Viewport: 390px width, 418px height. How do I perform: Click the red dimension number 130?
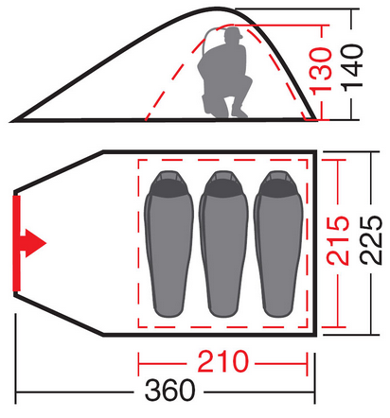321,70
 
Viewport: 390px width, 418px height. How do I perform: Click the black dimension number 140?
352,68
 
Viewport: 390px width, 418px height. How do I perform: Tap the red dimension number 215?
338,240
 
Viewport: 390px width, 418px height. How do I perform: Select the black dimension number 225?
371,240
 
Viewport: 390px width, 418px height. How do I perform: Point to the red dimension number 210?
223,361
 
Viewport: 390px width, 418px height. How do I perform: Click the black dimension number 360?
170,391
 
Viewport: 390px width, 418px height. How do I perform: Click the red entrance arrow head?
36,243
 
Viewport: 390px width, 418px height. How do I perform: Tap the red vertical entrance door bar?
16,243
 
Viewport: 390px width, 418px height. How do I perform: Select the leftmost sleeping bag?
168,244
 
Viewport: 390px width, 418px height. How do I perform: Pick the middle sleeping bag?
223,244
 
